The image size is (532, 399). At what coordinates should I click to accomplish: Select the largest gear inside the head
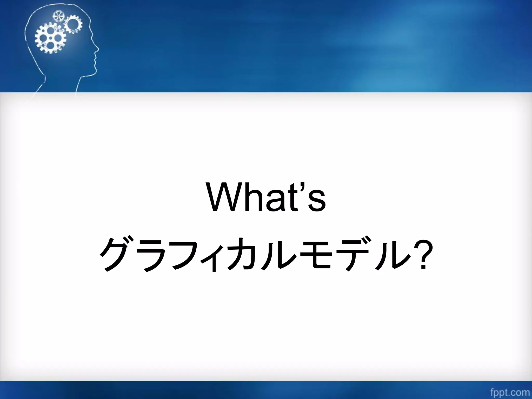50,38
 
